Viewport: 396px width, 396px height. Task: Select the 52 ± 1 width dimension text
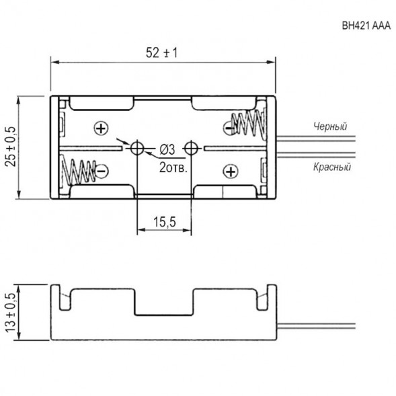click(x=162, y=52)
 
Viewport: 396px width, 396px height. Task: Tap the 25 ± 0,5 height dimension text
click(x=10, y=148)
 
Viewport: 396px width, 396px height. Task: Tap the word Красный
click(x=331, y=167)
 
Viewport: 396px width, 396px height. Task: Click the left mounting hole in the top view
click(x=137, y=149)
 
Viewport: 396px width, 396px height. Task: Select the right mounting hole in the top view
click(x=192, y=149)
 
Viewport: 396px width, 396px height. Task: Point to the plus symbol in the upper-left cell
click(x=101, y=128)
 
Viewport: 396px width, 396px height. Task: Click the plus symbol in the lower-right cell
click(x=230, y=171)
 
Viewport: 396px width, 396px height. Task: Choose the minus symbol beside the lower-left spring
click(x=101, y=171)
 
